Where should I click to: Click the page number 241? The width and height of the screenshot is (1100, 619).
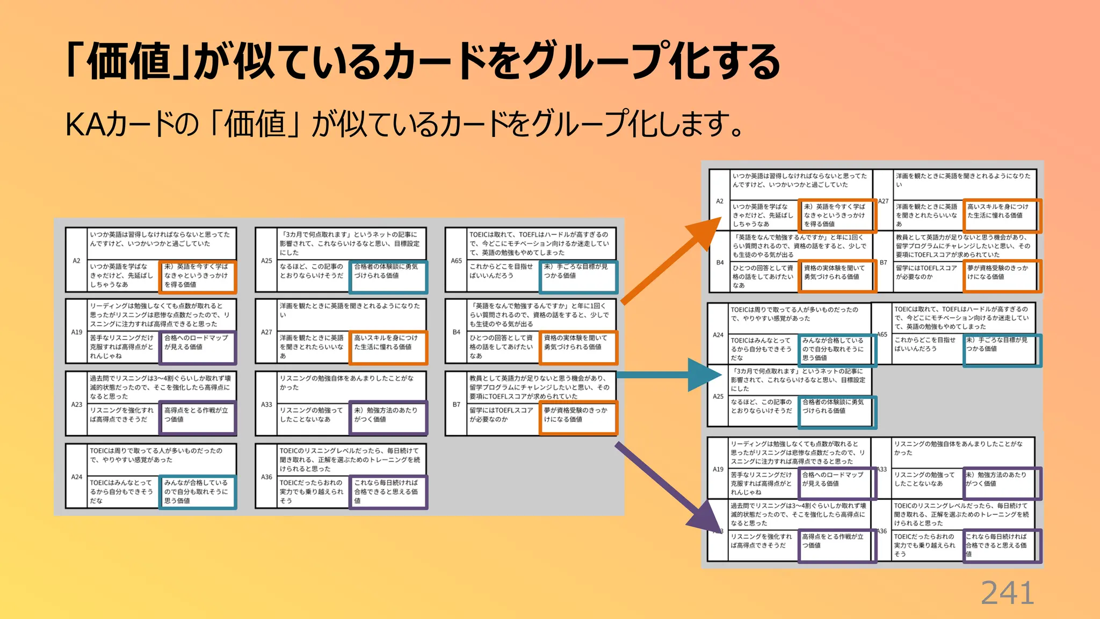click(1007, 593)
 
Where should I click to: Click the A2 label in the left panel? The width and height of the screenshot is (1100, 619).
click(76, 261)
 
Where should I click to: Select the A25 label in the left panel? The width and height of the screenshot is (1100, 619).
click(266, 261)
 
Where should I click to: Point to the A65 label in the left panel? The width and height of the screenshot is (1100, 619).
click(456, 261)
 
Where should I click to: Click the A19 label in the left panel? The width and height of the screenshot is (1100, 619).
click(76, 332)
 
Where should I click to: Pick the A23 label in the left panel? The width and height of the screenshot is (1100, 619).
click(76, 405)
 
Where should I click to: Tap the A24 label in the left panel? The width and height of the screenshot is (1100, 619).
click(76, 477)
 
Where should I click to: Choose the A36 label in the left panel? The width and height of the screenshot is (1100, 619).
click(266, 477)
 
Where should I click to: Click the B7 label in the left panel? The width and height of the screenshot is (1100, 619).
click(456, 405)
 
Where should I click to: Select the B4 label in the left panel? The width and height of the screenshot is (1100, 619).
click(456, 332)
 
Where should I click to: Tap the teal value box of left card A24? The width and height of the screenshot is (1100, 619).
click(198, 492)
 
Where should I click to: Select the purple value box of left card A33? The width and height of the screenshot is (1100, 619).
click(388, 418)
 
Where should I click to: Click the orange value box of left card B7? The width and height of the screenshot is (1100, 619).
click(578, 418)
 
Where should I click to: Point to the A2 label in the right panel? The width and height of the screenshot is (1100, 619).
click(720, 201)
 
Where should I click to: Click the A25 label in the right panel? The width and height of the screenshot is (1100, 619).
click(718, 397)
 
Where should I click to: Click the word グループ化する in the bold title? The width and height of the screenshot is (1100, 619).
click(650, 62)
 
